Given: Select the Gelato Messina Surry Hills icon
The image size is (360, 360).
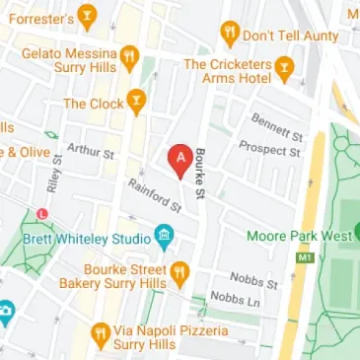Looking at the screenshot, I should pyautogui.click(x=128, y=53).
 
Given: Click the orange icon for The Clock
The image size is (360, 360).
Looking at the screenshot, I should pyautogui.click(x=135, y=100).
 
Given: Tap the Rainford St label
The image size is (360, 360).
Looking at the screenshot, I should pyautogui.click(x=154, y=196).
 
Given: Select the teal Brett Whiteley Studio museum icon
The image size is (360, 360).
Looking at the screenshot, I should pyautogui.click(x=164, y=236).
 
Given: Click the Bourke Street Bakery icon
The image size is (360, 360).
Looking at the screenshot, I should pyautogui.click(x=179, y=270).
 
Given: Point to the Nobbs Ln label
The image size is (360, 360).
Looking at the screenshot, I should pyautogui.click(x=234, y=298).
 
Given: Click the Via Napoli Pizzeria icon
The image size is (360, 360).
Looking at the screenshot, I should pyautogui.click(x=100, y=335).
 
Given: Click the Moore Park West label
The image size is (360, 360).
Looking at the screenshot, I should pyautogui.click(x=294, y=236).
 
